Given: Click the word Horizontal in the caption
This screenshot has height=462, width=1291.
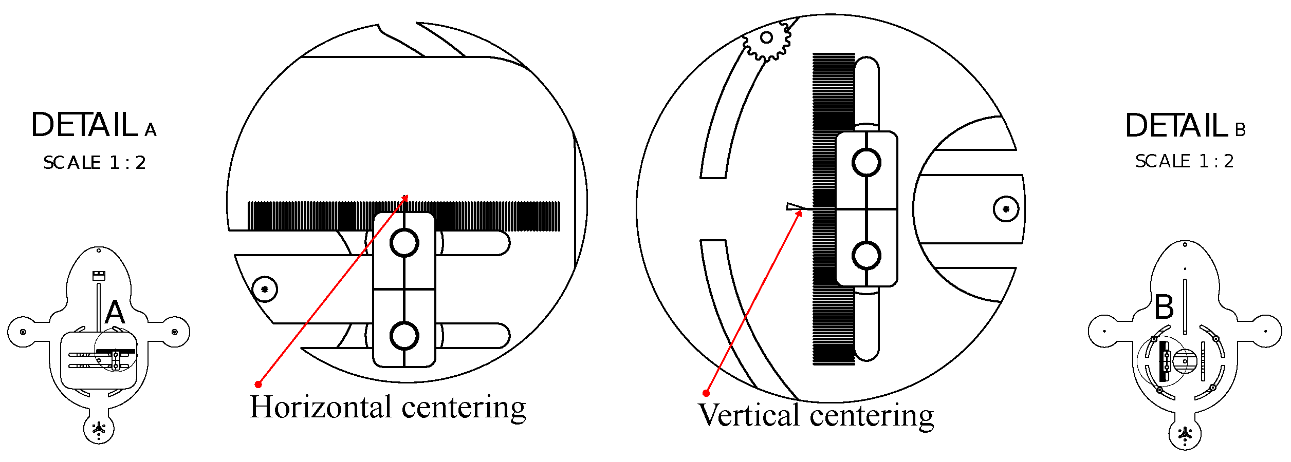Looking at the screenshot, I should [x=321, y=407].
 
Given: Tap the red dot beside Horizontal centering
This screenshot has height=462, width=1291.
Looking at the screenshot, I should [x=259, y=384].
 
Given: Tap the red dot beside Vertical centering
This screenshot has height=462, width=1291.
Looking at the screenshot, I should [x=706, y=393].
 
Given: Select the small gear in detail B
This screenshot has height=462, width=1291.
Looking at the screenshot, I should [x=766, y=38].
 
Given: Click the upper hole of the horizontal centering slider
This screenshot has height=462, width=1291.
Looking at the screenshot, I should [x=404, y=243].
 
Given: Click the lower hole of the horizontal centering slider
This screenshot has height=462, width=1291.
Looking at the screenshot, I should [x=404, y=336].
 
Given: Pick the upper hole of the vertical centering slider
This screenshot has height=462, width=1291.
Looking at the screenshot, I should [x=866, y=163].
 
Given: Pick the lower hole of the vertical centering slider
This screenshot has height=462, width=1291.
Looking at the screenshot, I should [x=866, y=256].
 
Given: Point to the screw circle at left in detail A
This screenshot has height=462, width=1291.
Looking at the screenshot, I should [x=265, y=290].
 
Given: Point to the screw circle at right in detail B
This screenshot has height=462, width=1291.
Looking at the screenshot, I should [x=1006, y=209].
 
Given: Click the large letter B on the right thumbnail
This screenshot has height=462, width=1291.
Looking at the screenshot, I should [x=1164, y=307].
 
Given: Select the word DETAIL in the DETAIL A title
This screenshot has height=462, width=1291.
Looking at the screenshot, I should [x=85, y=125].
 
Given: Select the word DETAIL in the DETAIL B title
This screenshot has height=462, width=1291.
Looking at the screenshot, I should [x=1176, y=126].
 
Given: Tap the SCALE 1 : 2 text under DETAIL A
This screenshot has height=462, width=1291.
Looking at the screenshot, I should [x=95, y=163].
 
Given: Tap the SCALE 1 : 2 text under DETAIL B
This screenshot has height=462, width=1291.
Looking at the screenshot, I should [x=1184, y=161].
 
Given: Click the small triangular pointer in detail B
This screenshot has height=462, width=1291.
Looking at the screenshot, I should [x=794, y=207].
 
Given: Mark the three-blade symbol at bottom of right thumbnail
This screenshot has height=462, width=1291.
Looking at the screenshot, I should [x=1185, y=434].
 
